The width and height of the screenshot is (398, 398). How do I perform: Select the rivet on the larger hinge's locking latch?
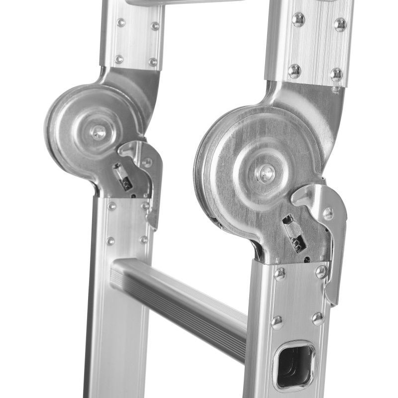(x=327, y=213)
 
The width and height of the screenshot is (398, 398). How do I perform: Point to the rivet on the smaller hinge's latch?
(x=147, y=162)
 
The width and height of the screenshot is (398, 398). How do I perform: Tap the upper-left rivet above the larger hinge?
(x=298, y=19)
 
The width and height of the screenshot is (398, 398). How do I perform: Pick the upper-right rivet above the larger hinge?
(x=340, y=24)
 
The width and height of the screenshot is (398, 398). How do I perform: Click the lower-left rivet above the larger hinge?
(x=294, y=71)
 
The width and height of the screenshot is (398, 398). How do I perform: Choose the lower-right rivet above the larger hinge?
(x=337, y=74)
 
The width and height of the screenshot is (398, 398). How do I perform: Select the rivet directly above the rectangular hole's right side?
(x=318, y=318)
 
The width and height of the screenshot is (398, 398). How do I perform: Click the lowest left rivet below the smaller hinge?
(x=110, y=241)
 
